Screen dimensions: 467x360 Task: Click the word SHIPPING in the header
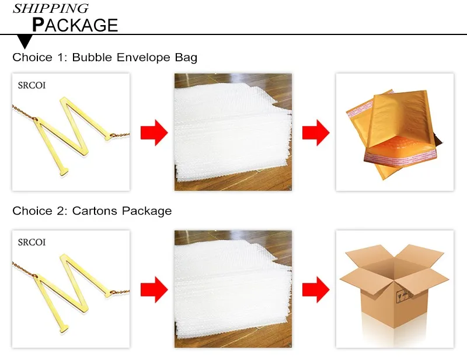[51, 9]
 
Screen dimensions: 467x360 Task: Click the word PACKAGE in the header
[75, 25]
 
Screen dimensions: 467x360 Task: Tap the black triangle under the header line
[25, 41]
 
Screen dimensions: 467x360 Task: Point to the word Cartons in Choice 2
[95, 211]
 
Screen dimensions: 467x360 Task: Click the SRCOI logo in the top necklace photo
[32, 85]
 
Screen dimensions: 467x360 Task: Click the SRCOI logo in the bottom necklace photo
[32, 242]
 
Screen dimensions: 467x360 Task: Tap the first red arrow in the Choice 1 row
[154, 132]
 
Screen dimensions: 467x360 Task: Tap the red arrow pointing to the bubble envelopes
[316, 132]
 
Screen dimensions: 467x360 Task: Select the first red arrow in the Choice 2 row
[154, 289]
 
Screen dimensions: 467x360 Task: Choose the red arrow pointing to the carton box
[316, 289]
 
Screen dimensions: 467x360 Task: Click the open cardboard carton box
[394, 286]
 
